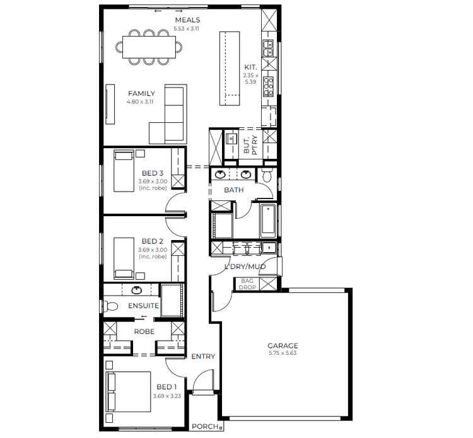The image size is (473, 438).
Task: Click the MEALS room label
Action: click(x=187, y=21)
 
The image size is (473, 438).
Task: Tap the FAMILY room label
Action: click(x=141, y=94)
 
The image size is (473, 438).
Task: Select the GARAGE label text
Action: click(x=283, y=345)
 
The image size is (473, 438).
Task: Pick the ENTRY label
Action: click(x=202, y=357)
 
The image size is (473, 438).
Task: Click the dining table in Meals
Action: click(x=149, y=46)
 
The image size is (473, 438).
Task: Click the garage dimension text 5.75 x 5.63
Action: click(x=283, y=353)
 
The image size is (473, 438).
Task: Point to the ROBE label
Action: click(x=144, y=331)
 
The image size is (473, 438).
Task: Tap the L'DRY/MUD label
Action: click(x=246, y=267)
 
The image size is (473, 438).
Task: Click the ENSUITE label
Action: click(x=143, y=306)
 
